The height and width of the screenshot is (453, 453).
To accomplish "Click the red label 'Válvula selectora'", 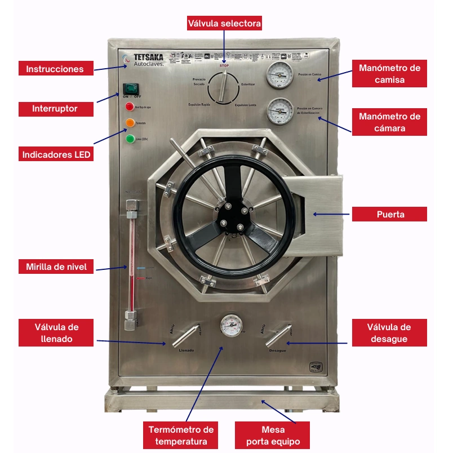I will (224, 23).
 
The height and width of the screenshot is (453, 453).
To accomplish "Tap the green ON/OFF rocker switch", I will (131, 88).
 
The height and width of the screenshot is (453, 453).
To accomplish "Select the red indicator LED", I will (130, 106).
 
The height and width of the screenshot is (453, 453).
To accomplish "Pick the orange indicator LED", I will (130, 122).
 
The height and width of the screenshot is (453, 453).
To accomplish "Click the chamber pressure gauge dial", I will (278, 111).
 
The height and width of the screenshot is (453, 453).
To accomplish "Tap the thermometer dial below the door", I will (230, 325).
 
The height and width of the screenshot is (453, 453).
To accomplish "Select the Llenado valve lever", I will (184, 337).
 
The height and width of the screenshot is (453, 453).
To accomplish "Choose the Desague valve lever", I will (277, 337).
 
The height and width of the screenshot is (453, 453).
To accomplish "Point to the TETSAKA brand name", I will (148, 56).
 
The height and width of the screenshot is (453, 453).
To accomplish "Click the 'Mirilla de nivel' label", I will (56, 267).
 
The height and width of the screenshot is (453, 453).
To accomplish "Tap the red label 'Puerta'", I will (389, 214).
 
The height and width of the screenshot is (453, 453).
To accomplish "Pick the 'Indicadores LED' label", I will (56, 153).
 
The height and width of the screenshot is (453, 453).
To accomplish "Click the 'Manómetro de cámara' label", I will (389, 122).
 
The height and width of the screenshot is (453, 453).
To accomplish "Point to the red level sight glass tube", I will (130, 265).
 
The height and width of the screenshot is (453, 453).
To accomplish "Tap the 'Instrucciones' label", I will (55, 69).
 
